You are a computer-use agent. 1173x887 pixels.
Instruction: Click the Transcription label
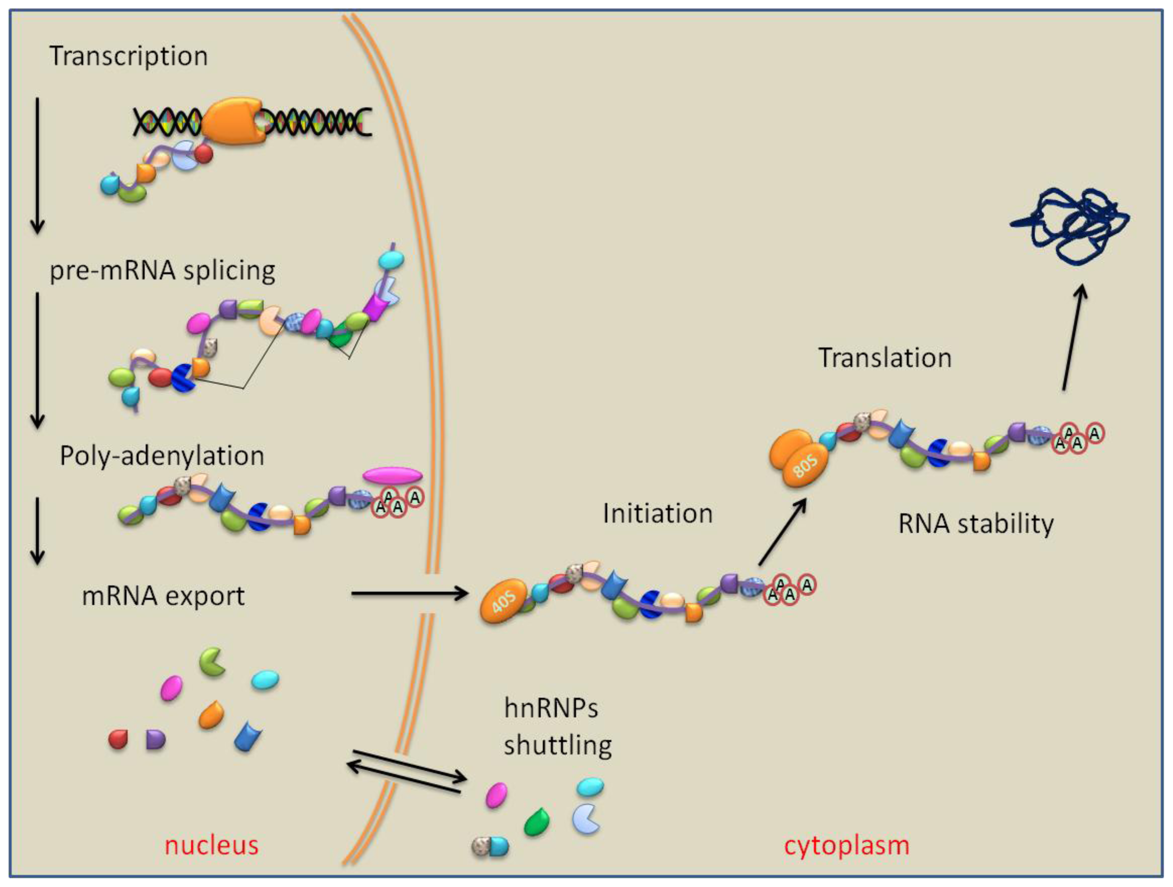(128, 56)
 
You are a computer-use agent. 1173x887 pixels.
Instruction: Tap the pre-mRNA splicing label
(162, 270)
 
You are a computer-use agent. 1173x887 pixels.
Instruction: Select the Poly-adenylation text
(162, 456)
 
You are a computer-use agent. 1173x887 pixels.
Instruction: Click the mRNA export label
(163, 596)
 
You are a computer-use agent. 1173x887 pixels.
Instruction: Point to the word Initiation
(658, 514)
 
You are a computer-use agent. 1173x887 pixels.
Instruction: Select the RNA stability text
(976, 524)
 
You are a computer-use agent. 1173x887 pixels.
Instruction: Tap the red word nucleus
(212, 846)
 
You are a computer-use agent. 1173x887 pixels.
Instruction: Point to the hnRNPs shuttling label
(557, 726)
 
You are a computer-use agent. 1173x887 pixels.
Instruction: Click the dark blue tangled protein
(1071, 226)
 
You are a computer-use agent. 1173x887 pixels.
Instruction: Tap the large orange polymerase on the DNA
(233, 121)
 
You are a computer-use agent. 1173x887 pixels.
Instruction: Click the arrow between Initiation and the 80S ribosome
(782, 533)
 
